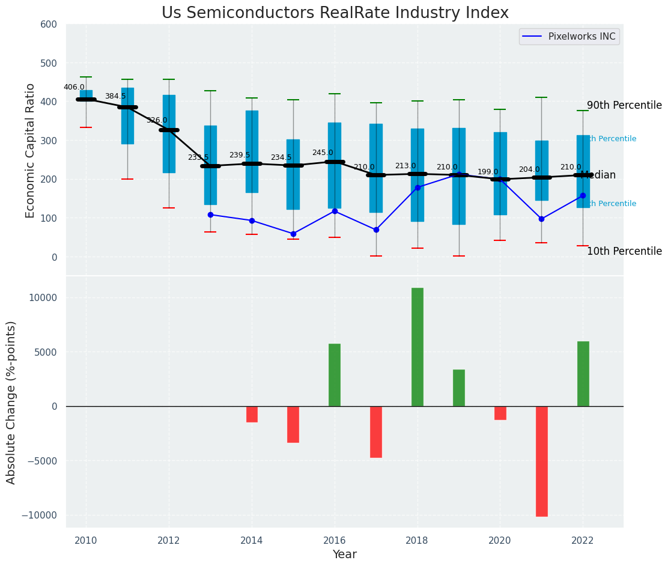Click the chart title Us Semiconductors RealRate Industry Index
click(335, 13)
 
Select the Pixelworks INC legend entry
click(581, 37)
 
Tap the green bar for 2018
click(417, 347)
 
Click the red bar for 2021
click(542, 461)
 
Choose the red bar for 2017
click(376, 431)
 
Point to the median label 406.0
click(74, 87)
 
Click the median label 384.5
click(115, 96)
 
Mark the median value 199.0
click(488, 172)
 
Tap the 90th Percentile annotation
click(624, 105)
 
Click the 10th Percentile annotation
click(624, 251)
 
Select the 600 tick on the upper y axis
click(49, 25)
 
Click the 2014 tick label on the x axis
click(252, 540)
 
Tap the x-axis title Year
click(344, 555)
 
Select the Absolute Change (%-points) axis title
click(11, 402)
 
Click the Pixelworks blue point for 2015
click(293, 234)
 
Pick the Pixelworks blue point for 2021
click(541, 219)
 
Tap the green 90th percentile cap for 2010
click(86, 77)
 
